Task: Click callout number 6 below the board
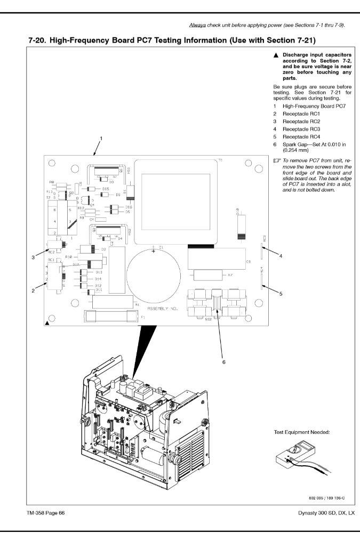point(224,361)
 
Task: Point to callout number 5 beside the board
point(281,294)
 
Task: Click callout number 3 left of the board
point(33,257)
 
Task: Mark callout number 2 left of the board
point(33,290)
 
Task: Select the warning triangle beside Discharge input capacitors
point(276,55)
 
